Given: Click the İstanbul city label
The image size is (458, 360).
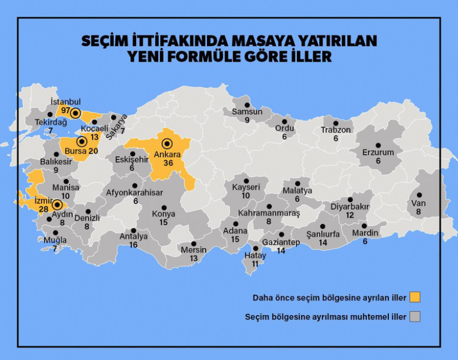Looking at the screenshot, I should point(66,101).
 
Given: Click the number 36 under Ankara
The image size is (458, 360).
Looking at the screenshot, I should point(167,163).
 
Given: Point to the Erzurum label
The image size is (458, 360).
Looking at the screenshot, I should point(378,152).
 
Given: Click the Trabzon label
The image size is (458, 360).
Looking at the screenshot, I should point(336,130).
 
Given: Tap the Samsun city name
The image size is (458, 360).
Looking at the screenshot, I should point(247,112).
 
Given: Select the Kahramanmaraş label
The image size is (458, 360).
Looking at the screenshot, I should point(270,213).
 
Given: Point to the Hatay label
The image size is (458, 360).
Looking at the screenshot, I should point(255,255).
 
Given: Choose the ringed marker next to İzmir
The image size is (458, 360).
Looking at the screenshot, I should point(57,205).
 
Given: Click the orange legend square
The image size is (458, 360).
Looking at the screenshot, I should point(416,297).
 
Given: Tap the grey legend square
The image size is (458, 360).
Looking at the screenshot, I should point(416,317).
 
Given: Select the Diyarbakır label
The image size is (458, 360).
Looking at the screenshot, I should point(351,207).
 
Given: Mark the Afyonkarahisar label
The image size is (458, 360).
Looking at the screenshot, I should point(135,193).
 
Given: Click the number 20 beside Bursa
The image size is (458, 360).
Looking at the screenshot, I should point(92,151).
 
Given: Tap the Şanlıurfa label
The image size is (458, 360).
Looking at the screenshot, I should point(323,233).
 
